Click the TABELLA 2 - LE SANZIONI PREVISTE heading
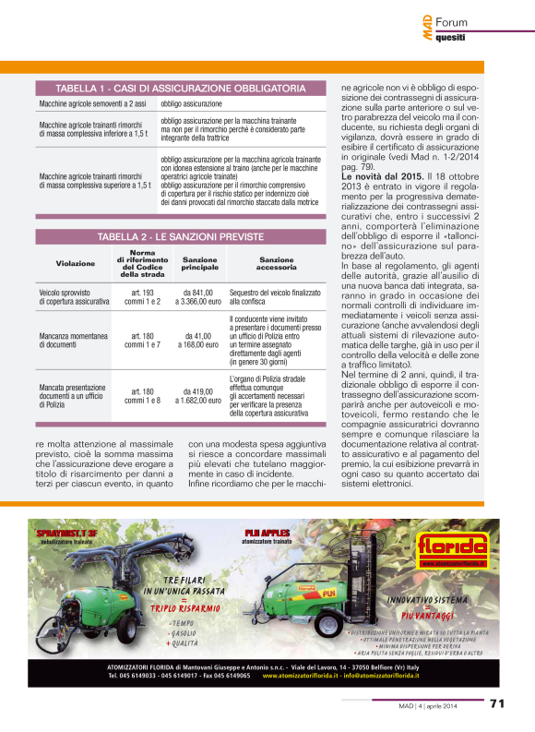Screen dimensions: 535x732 (x=180, y=236)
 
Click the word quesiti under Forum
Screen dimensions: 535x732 (x=450, y=38)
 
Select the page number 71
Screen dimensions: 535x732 (x=497, y=702)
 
